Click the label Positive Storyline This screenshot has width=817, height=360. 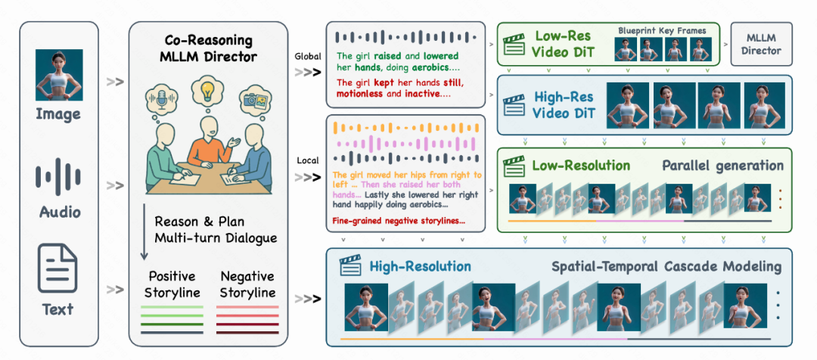click(x=171, y=284)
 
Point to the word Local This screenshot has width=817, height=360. click(x=306, y=160)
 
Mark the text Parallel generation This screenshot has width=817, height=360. click(x=723, y=166)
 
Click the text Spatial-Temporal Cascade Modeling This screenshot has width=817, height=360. click(x=666, y=266)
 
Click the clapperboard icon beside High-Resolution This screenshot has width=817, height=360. click(x=351, y=266)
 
